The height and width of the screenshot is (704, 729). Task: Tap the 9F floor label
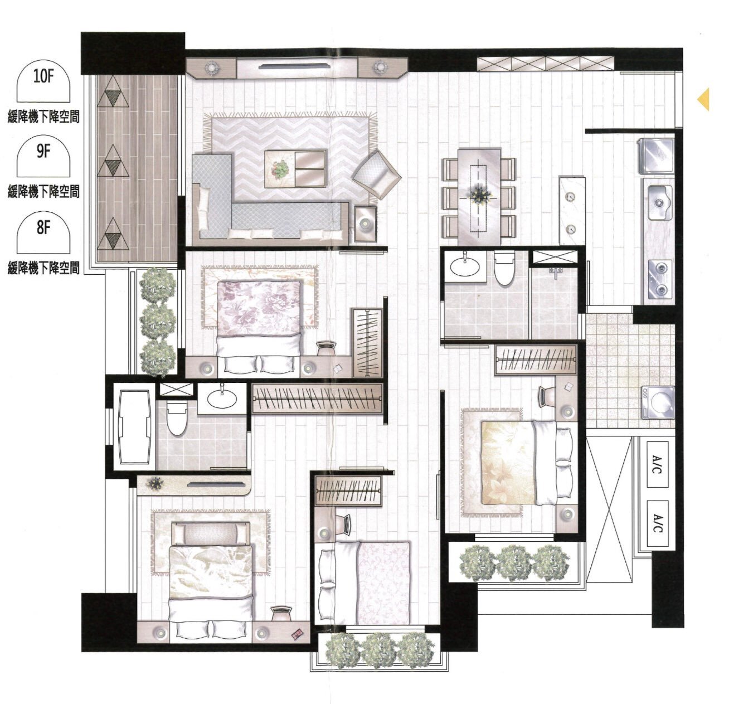pyautogui.click(x=43, y=152)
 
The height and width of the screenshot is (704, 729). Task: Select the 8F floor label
pyautogui.click(x=43, y=227)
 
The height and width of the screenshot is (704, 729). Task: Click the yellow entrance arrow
pyautogui.click(x=703, y=99)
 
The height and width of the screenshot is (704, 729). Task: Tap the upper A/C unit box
pyautogui.click(x=658, y=464)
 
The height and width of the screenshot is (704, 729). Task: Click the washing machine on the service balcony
pyautogui.click(x=658, y=403)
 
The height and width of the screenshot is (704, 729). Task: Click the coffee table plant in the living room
pyautogui.click(x=279, y=169)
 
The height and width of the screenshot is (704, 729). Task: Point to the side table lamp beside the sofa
pyautogui.click(x=365, y=224)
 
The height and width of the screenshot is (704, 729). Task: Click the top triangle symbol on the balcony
pyautogui.click(x=114, y=95)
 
